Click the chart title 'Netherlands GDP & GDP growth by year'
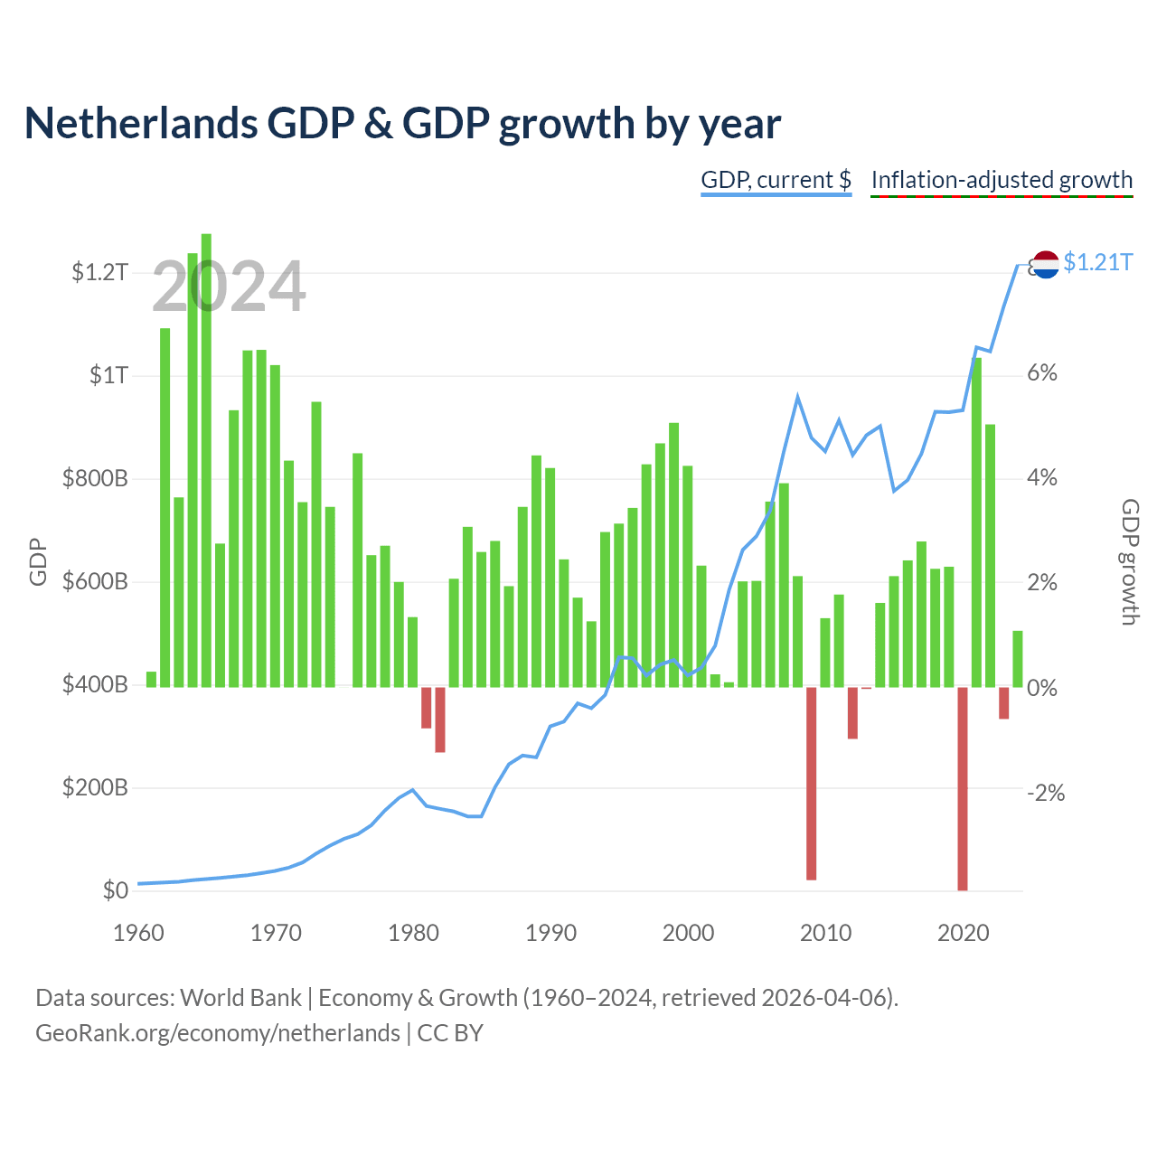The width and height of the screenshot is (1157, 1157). tap(402, 124)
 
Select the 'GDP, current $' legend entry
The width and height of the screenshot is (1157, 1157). tap(776, 180)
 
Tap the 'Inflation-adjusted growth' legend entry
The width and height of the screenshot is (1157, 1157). tap(1002, 180)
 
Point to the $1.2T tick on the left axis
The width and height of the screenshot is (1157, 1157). tap(99, 272)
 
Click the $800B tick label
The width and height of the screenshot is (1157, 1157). tap(95, 478)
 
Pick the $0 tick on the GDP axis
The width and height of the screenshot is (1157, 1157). tap(116, 889)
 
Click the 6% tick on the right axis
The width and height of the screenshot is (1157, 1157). tap(1041, 372)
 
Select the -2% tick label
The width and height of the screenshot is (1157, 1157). tap(1045, 793)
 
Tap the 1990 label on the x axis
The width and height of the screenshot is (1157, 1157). tap(550, 933)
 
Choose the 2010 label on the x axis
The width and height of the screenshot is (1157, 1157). tap(825, 933)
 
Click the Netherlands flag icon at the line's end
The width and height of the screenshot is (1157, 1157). tap(1045, 264)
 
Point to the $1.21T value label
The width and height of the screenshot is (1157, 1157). tap(1097, 262)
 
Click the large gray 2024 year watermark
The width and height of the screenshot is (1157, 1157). tap(229, 286)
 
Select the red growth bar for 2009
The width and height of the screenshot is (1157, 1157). tap(811, 783)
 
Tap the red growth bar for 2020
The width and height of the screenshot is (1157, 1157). tap(963, 788)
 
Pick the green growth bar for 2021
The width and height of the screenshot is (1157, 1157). tap(976, 522)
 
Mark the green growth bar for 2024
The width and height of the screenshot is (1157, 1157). tap(1018, 659)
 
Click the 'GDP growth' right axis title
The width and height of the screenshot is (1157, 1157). tap(1130, 561)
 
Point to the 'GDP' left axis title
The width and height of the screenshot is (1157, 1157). tap(38, 561)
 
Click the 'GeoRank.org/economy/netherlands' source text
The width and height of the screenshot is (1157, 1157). tap(218, 1033)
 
